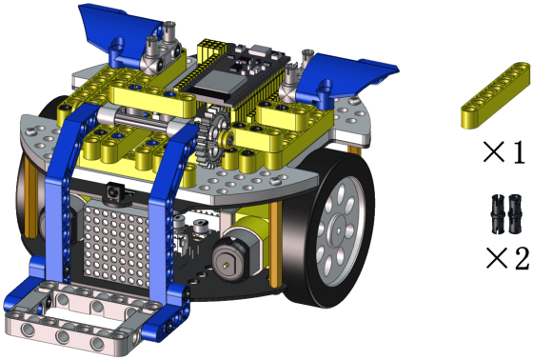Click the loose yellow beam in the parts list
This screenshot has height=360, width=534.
click(496, 95)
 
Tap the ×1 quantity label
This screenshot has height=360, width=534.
click(504, 151)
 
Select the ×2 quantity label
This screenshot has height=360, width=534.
click(507, 258)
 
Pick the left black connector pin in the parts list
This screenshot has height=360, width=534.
click(499, 214)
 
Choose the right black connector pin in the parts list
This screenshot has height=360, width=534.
click(515, 214)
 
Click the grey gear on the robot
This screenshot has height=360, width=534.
click(213, 137)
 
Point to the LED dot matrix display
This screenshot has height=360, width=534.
click(117, 245)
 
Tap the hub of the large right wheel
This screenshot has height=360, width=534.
click(338, 230)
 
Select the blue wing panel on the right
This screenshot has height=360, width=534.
click(344, 79)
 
